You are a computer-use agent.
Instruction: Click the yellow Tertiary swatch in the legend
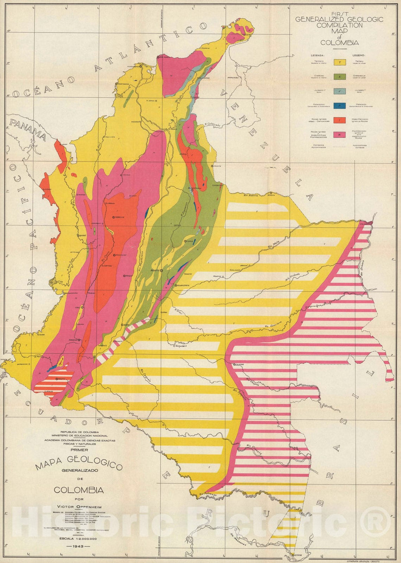[x=339, y=62]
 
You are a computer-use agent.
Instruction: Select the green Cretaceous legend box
[x=339, y=77]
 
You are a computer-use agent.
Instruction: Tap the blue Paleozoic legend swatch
[x=339, y=106]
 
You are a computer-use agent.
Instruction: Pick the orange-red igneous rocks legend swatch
[x=339, y=120]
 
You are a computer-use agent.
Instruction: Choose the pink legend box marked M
[x=339, y=135]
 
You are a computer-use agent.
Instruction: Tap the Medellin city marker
[x=114, y=217]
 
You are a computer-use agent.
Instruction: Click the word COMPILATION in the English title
[x=339, y=26]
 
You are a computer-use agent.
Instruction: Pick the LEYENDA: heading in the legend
[x=317, y=55]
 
